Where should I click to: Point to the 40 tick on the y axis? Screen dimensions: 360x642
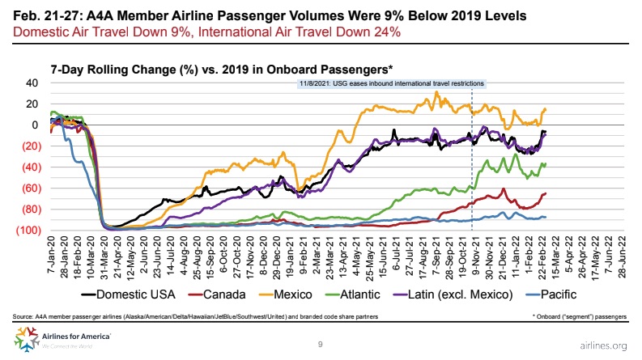pos(32,83)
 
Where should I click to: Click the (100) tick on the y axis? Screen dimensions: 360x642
pos(28,231)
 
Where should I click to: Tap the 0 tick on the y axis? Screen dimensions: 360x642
pos(35,125)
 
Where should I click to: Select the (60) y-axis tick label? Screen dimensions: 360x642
pos(29,188)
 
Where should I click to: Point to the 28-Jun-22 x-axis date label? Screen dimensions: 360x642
pos(622,255)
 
